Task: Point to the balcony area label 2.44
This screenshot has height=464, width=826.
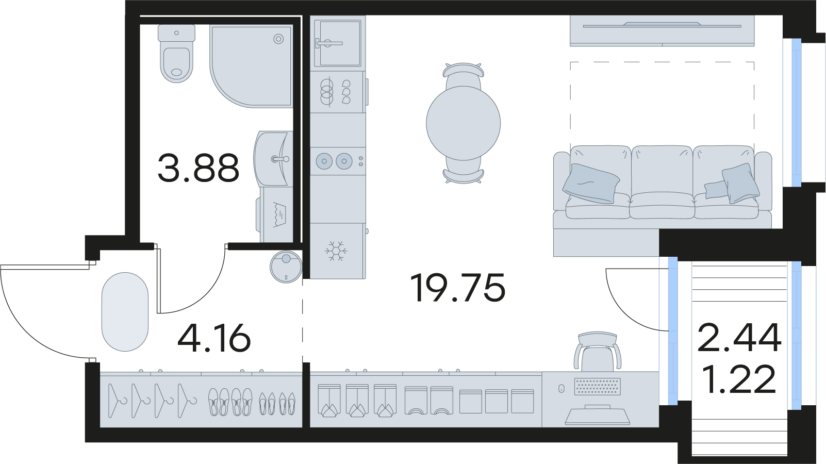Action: (x=739, y=338)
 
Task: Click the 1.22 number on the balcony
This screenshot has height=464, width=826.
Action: (x=739, y=379)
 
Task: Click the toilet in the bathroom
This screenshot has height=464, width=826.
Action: (x=177, y=54)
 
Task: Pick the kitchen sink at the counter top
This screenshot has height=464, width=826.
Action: (x=338, y=43)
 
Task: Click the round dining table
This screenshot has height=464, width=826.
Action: (x=464, y=123)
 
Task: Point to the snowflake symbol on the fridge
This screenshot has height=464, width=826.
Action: (x=336, y=251)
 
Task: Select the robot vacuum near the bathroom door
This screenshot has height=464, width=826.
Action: (x=286, y=267)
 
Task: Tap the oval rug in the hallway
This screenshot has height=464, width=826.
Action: (x=125, y=312)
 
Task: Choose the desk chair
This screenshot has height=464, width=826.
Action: (x=598, y=352)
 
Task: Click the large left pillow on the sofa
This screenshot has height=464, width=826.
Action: (x=591, y=184)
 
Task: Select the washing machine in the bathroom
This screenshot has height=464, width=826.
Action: (x=275, y=214)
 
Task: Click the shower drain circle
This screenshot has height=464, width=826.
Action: (x=279, y=39)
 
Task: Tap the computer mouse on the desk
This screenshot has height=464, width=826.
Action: (x=561, y=389)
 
